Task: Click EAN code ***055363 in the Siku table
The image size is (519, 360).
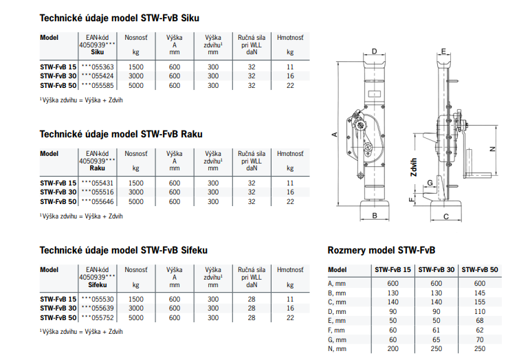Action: point(98,67)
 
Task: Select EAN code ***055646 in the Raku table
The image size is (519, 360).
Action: point(98,201)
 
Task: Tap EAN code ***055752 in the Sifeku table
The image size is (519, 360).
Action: point(98,317)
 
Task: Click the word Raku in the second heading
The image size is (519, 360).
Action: point(192,134)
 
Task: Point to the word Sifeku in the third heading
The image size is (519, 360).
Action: point(195,250)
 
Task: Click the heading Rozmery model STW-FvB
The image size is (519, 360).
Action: point(382,250)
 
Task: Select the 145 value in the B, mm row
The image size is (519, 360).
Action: point(480,293)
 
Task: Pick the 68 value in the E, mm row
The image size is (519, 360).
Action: point(480,321)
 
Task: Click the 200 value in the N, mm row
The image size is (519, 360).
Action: point(393,349)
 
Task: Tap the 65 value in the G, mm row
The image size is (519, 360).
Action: point(437,340)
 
